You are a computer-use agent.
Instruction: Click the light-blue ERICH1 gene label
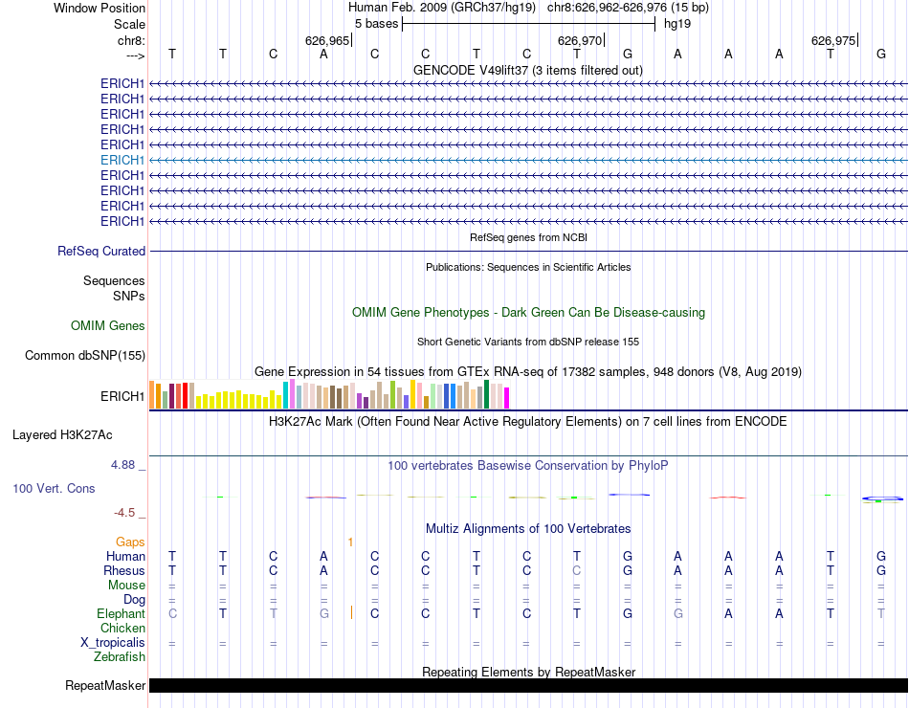tap(122, 160)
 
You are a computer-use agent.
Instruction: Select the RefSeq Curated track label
tap(101, 251)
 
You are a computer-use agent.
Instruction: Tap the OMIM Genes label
tap(108, 326)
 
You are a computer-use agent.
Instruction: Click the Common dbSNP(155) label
tap(85, 356)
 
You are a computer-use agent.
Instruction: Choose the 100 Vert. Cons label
tap(54, 488)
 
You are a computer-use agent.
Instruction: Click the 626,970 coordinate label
tap(580, 41)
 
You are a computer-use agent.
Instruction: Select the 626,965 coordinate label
tap(327, 41)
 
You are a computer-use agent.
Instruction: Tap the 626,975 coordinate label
tap(832, 41)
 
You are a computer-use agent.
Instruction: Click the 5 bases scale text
tap(376, 23)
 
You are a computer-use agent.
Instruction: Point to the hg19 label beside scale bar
tap(676, 23)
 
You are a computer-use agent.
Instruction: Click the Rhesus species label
tap(124, 570)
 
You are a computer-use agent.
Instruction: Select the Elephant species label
tap(121, 613)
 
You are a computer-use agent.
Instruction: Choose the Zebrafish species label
tap(120, 657)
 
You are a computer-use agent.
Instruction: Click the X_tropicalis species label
tap(113, 643)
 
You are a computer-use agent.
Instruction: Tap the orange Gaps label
tap(130, 542)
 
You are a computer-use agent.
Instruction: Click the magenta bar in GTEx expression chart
tap(507, 397)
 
